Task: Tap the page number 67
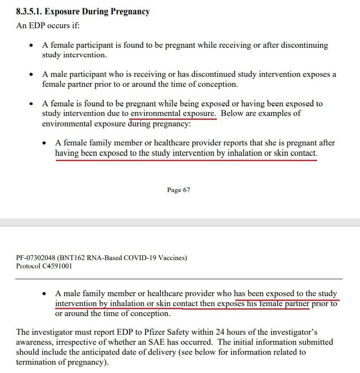pos(186,190)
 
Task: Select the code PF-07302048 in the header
pos(36,258)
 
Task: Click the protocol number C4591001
pos(57,266)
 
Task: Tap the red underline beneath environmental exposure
pos(173,118)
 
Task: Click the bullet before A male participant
pos(31,75)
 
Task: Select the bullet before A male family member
pos(45,294)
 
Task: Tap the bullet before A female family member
pos(45,143)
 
